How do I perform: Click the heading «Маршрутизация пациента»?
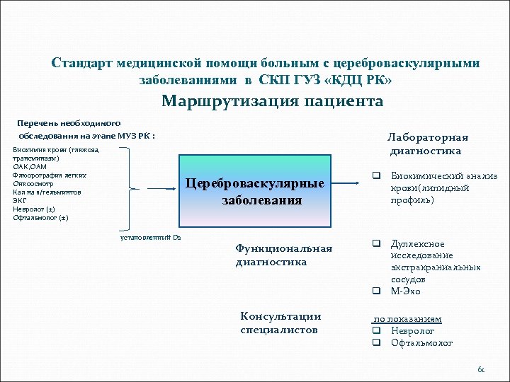(x=272, y=101)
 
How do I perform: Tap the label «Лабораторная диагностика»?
(x=428, y=144)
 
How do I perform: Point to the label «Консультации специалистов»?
(x=280, y=323)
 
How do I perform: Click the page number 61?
(x=481, y=369)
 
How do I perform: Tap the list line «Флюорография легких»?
(x=50, y=175)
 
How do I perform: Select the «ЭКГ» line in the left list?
(x=20, y=200)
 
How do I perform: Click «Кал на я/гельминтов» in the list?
(x=47, y=192)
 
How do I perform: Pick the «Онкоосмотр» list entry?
(x=33, y=183)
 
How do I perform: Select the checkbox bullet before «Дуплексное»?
(x=378, y=244)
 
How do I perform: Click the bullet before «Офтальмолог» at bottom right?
(x=378, y=344)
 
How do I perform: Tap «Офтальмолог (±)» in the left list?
(x=40, y=217)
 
